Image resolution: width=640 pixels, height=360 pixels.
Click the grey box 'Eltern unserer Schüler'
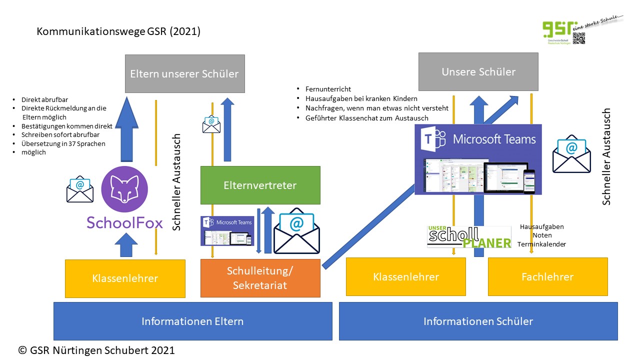click(x=184, y=74)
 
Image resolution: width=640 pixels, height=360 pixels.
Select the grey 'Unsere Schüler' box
click(x=478, y=71)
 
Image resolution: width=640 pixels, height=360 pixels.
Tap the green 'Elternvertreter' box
click(x=260, y=185)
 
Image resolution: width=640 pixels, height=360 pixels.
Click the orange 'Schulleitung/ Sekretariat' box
click(x=260, y=278)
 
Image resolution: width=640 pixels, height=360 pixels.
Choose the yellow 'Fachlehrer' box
click(x=547, y=276)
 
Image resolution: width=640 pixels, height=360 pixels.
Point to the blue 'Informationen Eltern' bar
click(x=192, y=321)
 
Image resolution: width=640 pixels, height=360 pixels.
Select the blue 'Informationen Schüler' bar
click(x=478, y=321)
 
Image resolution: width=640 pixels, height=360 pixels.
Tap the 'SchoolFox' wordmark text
click(x=124, y=222)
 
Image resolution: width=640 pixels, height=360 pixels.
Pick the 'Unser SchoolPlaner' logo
click(x=469, y=236)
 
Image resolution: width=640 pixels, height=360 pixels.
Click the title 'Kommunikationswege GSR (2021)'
click(x=118, y=31)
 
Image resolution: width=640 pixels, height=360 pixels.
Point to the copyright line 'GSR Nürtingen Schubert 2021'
click(x=96, y=350)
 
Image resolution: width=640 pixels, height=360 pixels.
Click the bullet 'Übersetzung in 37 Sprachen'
click(x=63, y=144)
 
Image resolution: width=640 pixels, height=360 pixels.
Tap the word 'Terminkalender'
click(x=541, y=244)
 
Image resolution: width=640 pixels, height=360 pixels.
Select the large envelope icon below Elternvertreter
click(x=296, y=230)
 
